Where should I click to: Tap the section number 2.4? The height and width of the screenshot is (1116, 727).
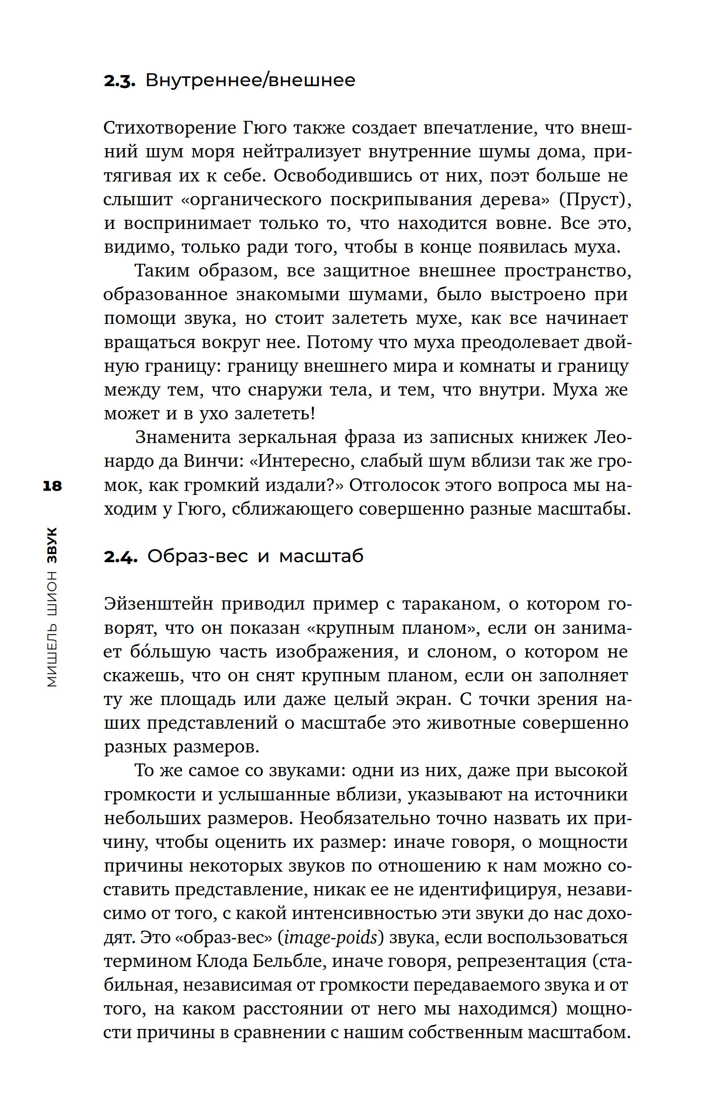tap(120, 556)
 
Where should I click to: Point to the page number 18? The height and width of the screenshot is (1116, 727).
tap(52, 486)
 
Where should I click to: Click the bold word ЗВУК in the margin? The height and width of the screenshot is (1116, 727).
tap(52, 545)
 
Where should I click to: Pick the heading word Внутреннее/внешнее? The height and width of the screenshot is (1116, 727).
tap(250, 80)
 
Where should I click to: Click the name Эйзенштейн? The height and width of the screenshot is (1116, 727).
tap(158, 604)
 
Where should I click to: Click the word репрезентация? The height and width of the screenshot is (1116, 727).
tap(522, 961)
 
